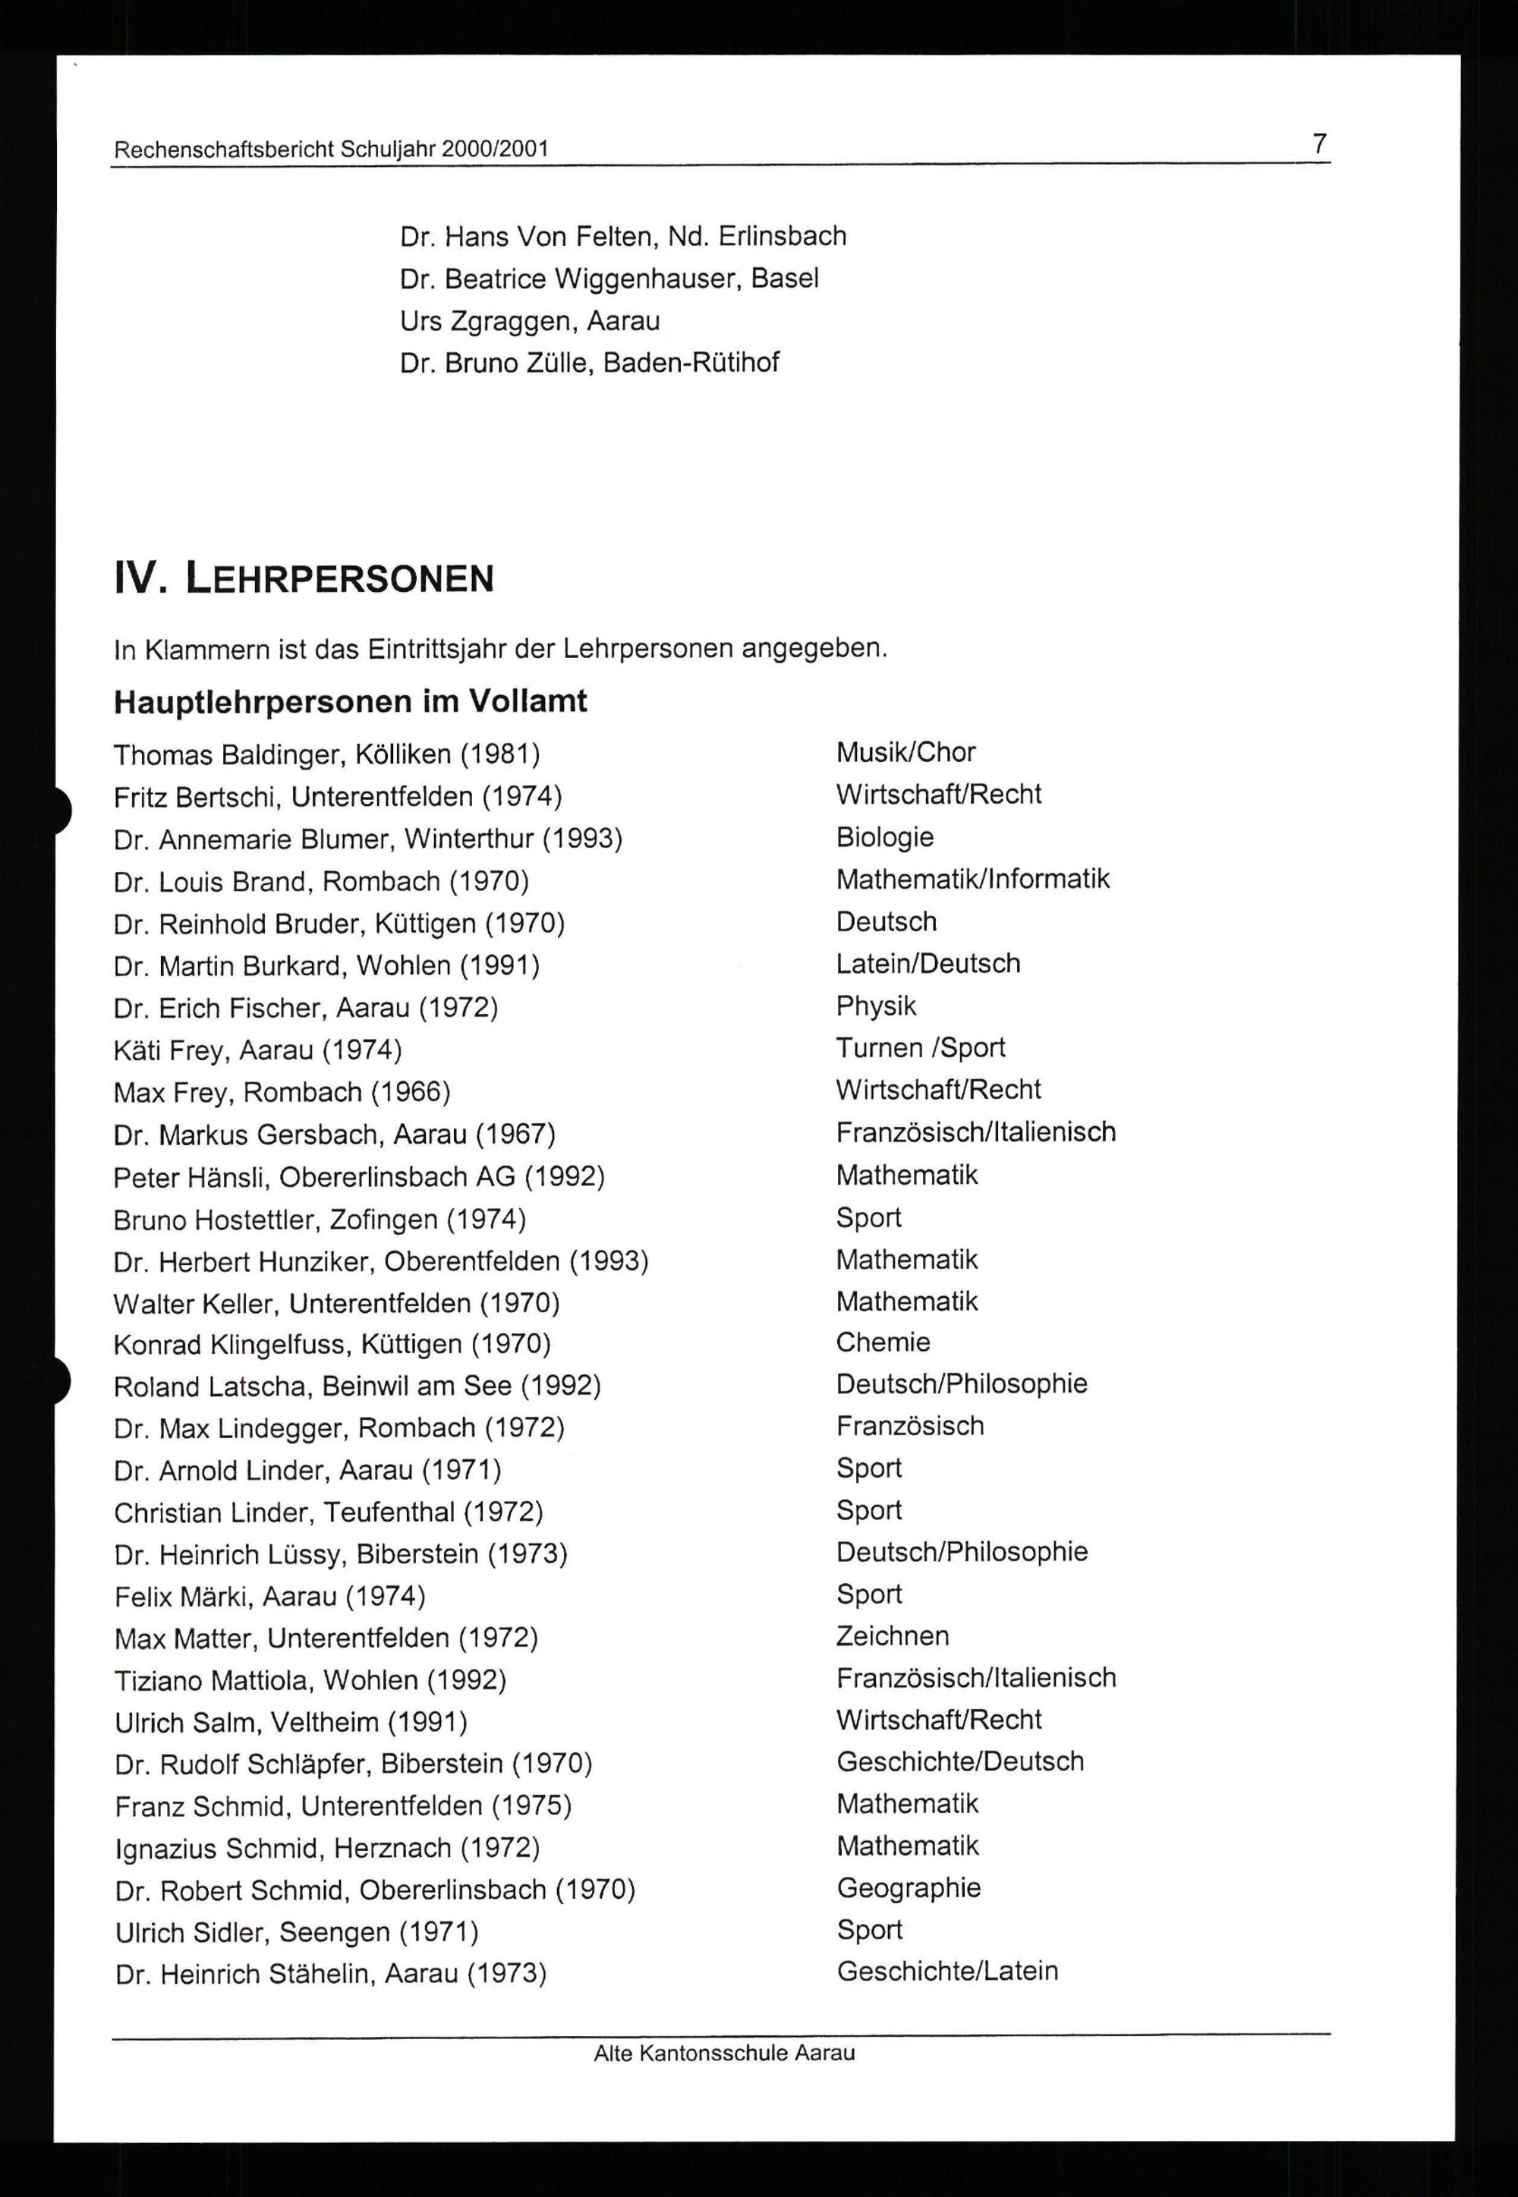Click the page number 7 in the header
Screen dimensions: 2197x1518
[x=1319, y=143]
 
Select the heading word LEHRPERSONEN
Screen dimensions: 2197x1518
[x=339, y=578]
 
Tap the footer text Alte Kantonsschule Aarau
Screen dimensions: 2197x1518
[x=724, y=2053]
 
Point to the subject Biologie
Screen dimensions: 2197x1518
[x=884, y=837]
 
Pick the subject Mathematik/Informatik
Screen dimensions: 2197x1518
[x=972, y=879]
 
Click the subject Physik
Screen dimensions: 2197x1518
[x=876, y=1006]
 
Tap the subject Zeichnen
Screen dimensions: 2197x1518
[x=892, y=1636]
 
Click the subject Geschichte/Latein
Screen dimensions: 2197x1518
[x=947, y=1972]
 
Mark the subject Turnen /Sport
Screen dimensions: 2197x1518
[x=920, y=1047]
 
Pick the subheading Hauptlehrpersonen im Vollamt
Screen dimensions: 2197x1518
[x=350, y=702]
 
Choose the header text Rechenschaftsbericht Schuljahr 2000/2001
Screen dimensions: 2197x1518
[x=331, y=150]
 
